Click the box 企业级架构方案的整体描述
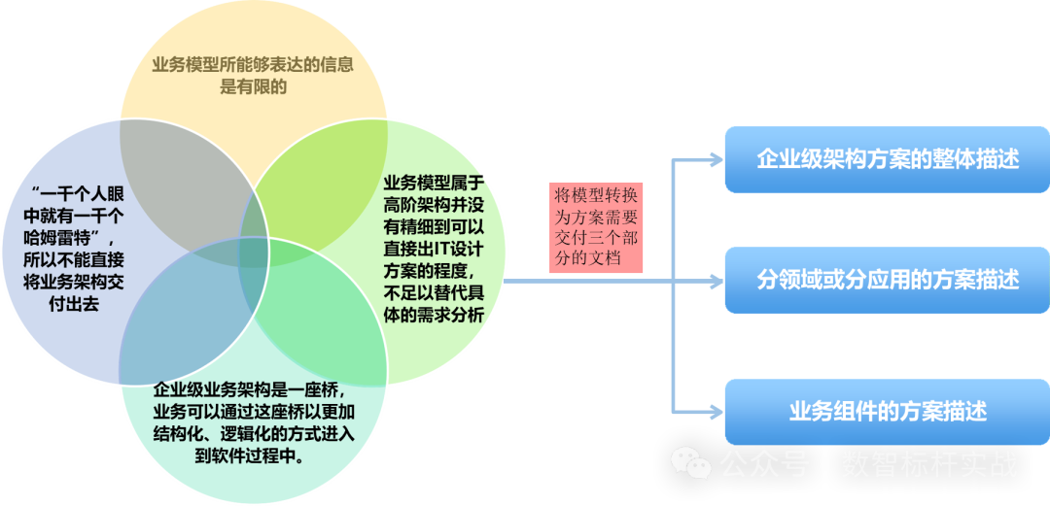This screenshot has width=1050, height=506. tap(887, 159)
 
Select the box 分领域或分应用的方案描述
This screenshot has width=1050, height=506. tap(887, 280)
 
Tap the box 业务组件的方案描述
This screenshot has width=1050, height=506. tap(887, 412)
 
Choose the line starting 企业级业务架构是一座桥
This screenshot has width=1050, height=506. tap(250, 390)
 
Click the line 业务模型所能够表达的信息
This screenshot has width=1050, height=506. tap(252, 66)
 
